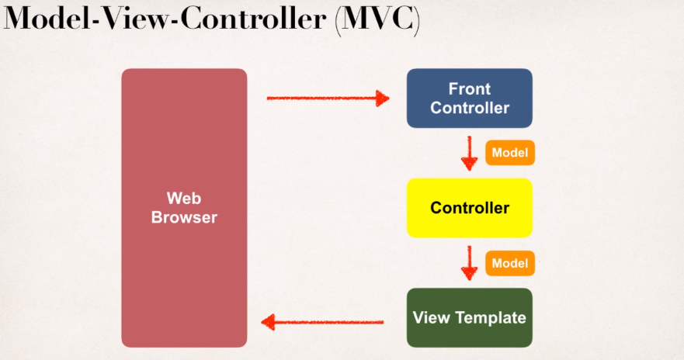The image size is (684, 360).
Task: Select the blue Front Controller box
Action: pyautogui.click(x=470, y=98)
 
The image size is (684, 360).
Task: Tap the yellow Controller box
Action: pyautogui.click(x=470, y=208)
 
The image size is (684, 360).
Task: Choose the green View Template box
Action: pyautogui.click(x=470, y=317)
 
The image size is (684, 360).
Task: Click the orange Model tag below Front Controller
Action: pyautogui.click(x=510, y=153)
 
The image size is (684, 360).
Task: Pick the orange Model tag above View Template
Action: pyautogui.click(x=510, y=263)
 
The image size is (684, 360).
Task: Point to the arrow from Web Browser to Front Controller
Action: pyautogui.click(x=326, y=99)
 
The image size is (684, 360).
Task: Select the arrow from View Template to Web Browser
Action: pyautogui.click(x=322, y=321)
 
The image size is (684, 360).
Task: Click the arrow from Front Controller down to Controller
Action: pyautogui.click(x=469, y=153)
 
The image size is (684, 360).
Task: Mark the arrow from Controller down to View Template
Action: pyautogui.click(x=469, y=263)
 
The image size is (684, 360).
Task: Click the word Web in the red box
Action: pyautogui.click(x=184, y=198)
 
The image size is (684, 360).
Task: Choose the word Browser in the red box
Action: pyautogui.click(x=184, y=217)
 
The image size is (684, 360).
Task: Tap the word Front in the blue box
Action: pyautogui.click(x=470, y=88)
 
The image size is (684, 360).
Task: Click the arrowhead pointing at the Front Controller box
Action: pyautogui.click(x=381, y=99)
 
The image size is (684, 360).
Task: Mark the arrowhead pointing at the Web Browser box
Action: pyautogui.click(x=267, y=321)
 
